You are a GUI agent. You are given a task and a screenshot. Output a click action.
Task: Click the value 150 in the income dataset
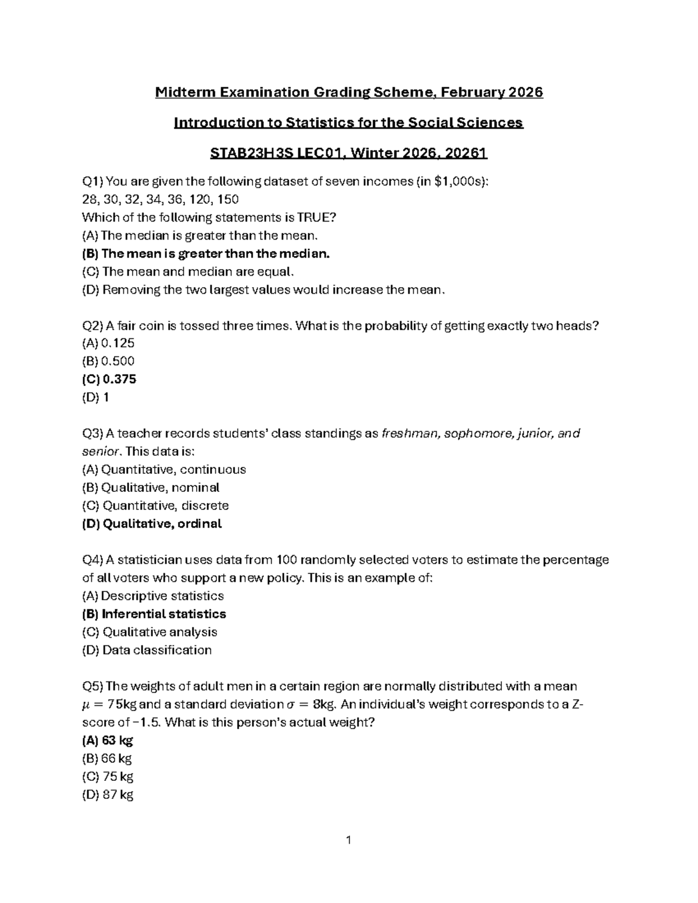227,199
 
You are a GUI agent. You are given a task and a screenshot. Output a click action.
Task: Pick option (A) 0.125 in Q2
108,343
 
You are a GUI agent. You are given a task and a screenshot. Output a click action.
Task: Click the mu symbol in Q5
87,705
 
